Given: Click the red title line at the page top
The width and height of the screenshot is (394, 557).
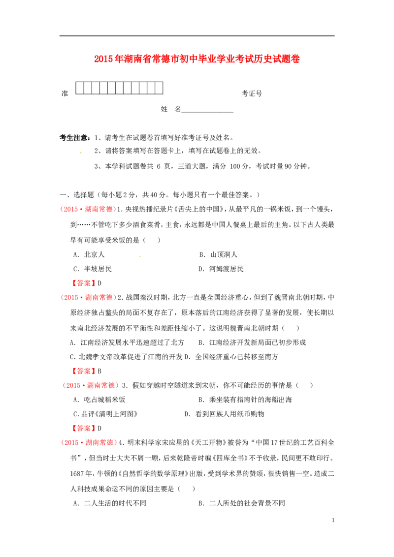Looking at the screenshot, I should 197,59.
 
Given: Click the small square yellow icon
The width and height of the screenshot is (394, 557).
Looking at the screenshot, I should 81,152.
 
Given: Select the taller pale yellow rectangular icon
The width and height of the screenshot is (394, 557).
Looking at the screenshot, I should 140,255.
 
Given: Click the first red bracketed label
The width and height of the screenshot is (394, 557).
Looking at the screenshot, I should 83,283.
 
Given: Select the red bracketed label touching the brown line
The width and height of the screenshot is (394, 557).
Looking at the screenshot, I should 83,371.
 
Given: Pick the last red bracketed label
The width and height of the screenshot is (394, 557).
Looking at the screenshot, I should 83,428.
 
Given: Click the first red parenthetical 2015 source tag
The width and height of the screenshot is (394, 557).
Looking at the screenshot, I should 88,209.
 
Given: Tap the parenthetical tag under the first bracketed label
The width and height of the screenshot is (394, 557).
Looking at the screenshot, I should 89,298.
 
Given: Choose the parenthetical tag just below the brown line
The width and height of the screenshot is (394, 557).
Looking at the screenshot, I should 92,386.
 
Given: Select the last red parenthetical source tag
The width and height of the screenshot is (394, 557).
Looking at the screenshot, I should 89,443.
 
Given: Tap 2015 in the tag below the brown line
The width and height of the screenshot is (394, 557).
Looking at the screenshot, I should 73,386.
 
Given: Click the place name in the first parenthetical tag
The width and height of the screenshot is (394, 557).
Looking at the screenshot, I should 100,209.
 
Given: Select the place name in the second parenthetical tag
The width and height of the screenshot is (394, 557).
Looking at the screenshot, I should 100,298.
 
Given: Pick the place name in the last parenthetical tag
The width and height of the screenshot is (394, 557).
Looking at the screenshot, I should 100,443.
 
